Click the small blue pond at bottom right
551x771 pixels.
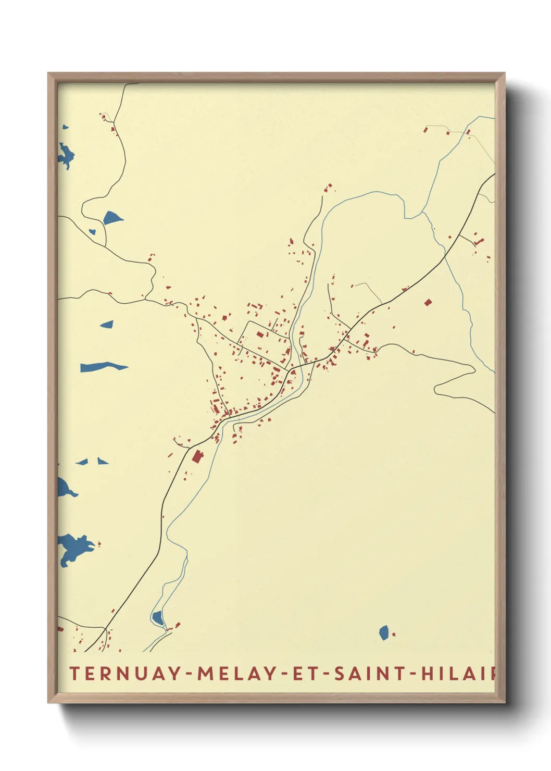pyautogui.click(x=384, y=632)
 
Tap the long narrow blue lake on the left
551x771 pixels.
pyautogui.click(x=103, y=367)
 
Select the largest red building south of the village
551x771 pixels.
pyautogui.click(x=197, y=457)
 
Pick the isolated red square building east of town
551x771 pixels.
pyautogui.click(x=428, y=302)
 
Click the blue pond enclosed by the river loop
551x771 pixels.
pyautogui.click(x=158, y=618)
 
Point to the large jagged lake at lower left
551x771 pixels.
pyautogui.click(x=74, y=549)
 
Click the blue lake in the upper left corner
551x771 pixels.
pyautogui.click(x=66, y=155)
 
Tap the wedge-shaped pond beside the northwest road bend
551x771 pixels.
pyautogui.click(x=112, y=217)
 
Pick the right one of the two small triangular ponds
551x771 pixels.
pyautogui.click(x=102, y=461)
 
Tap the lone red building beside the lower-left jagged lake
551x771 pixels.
pyautogui.click(x=99, y=544)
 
